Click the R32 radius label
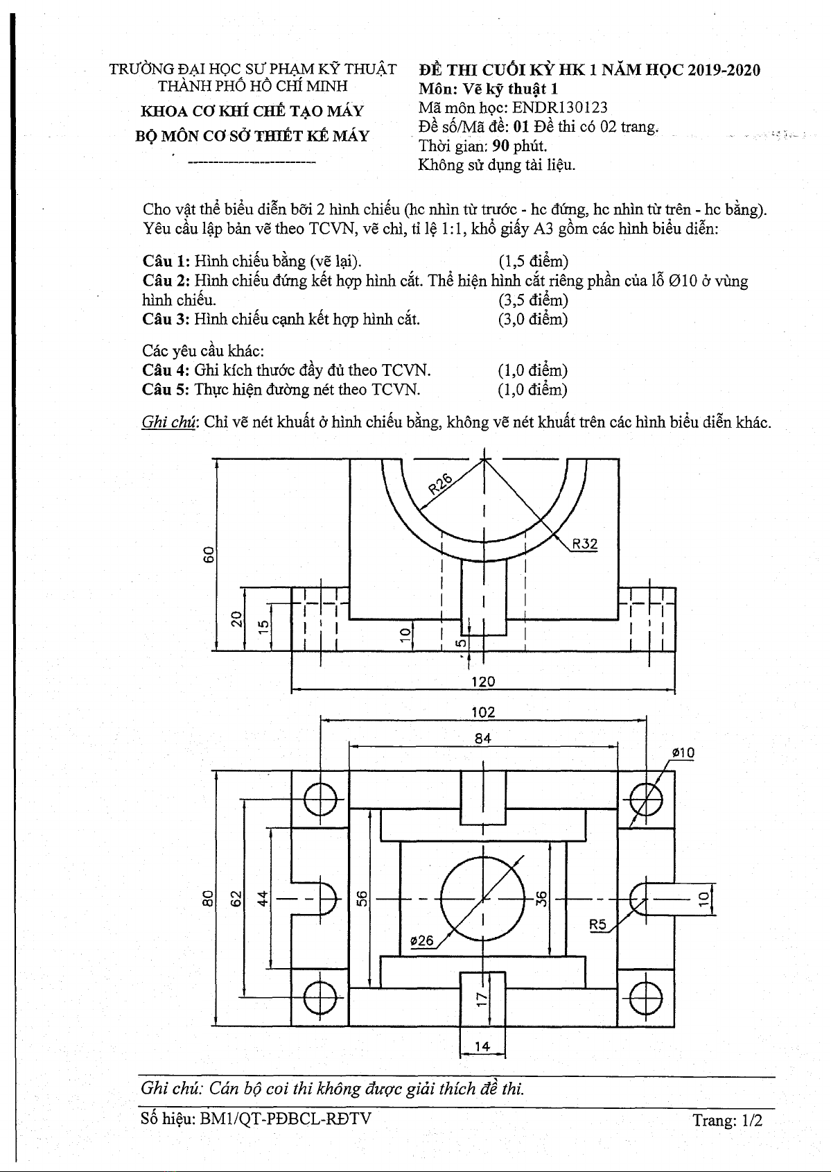[585, 544]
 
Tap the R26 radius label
[440, 482]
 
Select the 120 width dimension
[483, 681]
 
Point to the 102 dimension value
[483, 712]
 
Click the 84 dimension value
[483, 739]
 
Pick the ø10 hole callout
[683, 752]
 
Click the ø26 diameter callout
[421, 941]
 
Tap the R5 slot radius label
[598, 924]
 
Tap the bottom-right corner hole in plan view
[646, 999]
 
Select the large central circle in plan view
[483, 899]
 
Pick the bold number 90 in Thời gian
[501, 146]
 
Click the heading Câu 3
[166, 319]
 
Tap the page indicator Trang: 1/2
[727, 1120]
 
